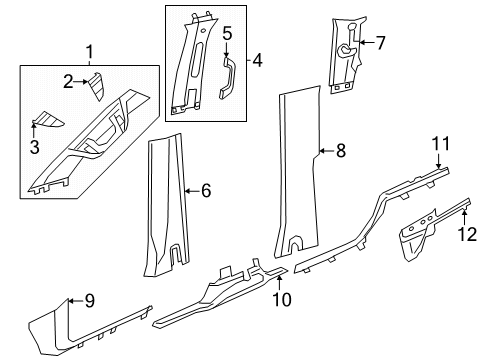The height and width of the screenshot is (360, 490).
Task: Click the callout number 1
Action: (x=89, y=51)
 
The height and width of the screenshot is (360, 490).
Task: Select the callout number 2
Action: (x=68, y=82)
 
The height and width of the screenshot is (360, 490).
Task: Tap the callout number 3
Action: (x=33, y=148)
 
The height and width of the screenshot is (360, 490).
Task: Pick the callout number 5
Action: (x=227, y=35)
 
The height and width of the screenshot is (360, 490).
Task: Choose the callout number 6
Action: (x=206, y=190)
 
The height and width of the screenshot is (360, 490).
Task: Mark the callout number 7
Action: (x=379, y=43)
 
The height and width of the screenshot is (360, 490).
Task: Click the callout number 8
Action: (x=340, y=152)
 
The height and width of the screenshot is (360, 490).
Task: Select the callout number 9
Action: (x=89, y=299)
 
